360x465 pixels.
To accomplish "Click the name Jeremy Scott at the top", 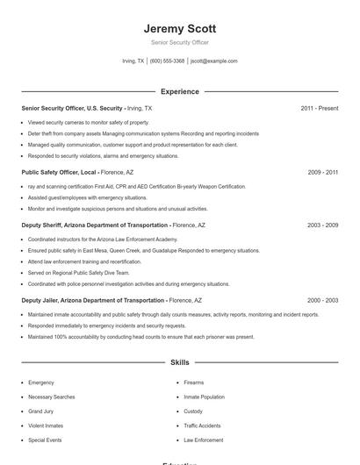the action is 179,28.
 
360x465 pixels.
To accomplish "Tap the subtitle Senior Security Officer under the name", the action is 179,42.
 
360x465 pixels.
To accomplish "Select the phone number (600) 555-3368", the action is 167,61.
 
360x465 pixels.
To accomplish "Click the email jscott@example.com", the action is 214,61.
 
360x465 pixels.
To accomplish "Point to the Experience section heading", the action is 179,91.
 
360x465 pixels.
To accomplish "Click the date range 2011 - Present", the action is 319,108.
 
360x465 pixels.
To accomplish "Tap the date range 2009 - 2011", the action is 322,173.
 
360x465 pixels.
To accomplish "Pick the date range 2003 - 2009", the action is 322,225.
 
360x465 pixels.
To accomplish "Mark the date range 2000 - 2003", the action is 322,300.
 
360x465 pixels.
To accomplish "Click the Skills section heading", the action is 179,362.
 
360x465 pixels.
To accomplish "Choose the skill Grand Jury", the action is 40,411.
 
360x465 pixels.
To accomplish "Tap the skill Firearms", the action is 193,383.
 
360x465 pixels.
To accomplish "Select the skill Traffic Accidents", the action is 202,426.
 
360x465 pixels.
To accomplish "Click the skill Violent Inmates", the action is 45,426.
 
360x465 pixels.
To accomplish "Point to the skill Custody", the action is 193,411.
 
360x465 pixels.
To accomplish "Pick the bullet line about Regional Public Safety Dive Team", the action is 78,273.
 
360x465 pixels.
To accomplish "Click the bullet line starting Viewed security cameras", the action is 88,123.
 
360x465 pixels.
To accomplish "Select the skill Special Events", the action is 45,440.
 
